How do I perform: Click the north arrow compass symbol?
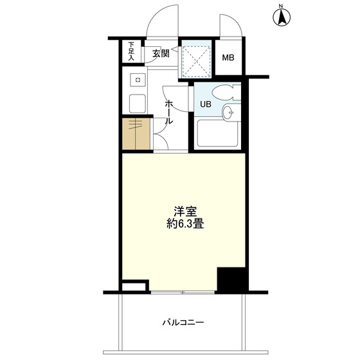(282, 17)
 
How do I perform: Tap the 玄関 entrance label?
(161, 53)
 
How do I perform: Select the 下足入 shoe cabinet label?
(131, 51)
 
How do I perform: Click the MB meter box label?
(228, 57)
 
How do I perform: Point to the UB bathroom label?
(206, 104)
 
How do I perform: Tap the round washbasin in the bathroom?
(231, 113)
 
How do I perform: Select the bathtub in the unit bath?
(218, 133)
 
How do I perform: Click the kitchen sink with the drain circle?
(138, 80)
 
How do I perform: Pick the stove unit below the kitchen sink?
(138, 104)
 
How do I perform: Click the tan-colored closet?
(136, 134)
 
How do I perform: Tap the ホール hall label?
(168, 112)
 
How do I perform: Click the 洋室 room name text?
(185, 212)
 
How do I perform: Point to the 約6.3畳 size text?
(185, 224)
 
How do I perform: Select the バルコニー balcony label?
(183, 323)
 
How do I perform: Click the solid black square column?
(231, 280)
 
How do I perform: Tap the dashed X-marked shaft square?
(197, 61)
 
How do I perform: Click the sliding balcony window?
(183, 292)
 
